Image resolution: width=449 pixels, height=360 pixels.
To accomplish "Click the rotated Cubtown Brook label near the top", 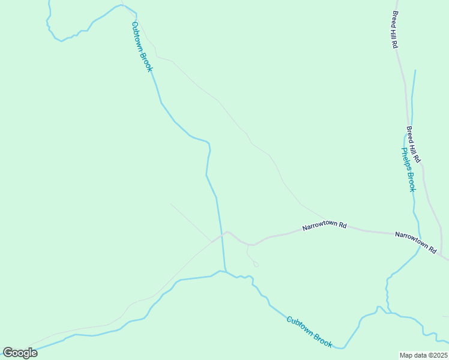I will coord(143,47).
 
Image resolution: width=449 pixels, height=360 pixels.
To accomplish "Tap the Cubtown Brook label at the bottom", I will coord(309,332).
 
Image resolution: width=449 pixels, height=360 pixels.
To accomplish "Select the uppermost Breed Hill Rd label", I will coord(395,29).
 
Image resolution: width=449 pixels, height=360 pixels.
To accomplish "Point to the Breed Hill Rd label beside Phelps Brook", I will coord(414,145).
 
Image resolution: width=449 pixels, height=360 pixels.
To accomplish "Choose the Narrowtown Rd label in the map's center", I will coord(325,227).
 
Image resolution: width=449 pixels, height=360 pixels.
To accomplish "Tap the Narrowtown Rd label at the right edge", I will coord(416,242).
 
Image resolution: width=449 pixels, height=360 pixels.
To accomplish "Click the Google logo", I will coord(20,353).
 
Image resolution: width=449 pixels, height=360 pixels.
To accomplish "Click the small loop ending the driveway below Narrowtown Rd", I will coord(256,263).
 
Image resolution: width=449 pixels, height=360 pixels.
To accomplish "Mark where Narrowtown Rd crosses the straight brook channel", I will coord(221,235).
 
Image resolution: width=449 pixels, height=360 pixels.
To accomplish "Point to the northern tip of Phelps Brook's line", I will coord(415,71).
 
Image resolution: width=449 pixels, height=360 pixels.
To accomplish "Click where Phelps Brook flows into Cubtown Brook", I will coord(388,312).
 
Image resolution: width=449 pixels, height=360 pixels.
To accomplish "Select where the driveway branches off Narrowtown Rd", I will coord(248,244).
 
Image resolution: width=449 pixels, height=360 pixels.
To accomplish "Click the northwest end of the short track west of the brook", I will coord(171,204).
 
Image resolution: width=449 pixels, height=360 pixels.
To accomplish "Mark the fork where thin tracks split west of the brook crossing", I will coord(211,241).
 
